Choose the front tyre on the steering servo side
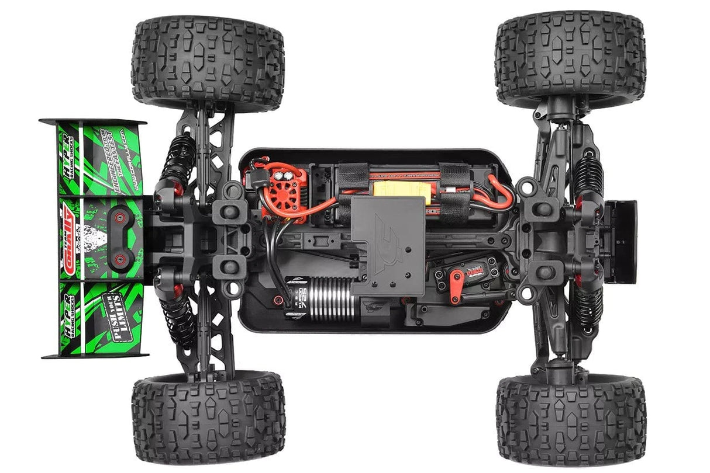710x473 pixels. [570, 419]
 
